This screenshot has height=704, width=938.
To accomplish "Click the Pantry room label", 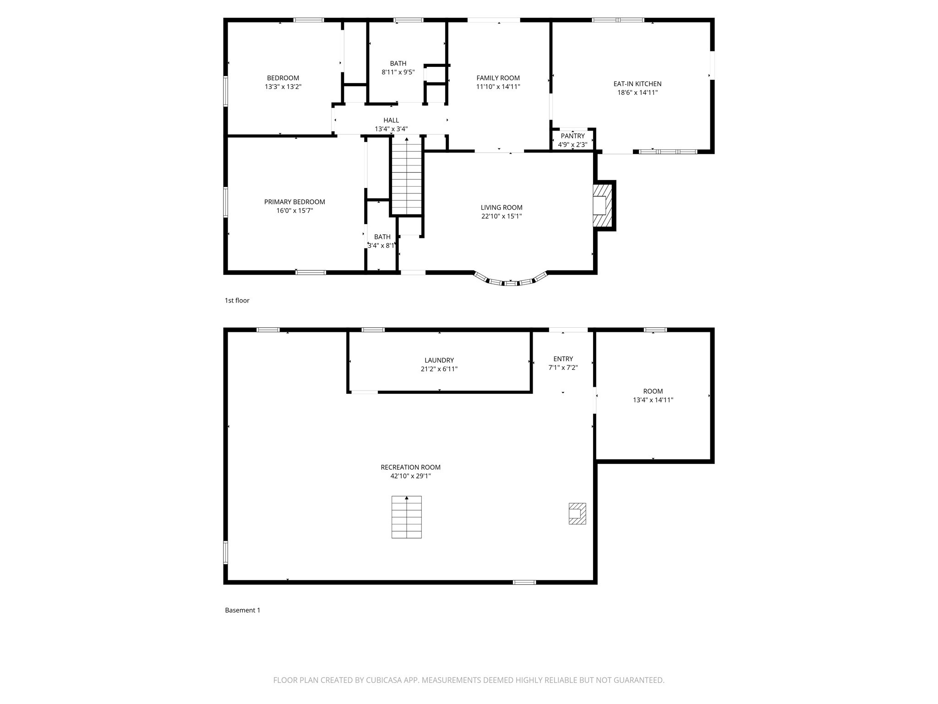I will coord(573,136).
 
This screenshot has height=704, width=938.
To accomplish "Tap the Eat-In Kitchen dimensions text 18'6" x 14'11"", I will coord(637,93).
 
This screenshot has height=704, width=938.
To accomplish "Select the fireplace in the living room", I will coord(603,205).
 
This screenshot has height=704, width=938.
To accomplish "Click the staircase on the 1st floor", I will coord(406,176).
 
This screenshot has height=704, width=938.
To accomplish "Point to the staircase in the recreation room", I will coord(406,517).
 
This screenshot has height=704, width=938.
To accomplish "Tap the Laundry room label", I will coord(439,360).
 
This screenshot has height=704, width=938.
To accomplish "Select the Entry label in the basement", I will coord(563,359).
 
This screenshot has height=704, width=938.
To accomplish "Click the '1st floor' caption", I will coord(237,301).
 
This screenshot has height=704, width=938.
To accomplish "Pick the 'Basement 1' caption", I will coord(242,610).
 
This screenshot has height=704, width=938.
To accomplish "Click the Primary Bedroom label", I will coord(294,202).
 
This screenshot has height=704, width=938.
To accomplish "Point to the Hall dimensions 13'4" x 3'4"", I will coord(391,129).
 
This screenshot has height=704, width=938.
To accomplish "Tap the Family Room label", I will coord(498,78).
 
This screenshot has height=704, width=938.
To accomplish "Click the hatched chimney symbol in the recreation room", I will coord(577,514).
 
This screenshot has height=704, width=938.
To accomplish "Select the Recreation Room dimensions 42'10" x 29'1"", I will coord(410,476).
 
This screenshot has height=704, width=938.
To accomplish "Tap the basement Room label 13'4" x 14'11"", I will coord(653,396).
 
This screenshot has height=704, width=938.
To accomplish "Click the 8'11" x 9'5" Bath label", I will coord(398,68).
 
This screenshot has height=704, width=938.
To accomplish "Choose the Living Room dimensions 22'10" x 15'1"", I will coord(502,216).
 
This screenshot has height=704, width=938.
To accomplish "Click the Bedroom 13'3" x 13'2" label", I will coord(283,82).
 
